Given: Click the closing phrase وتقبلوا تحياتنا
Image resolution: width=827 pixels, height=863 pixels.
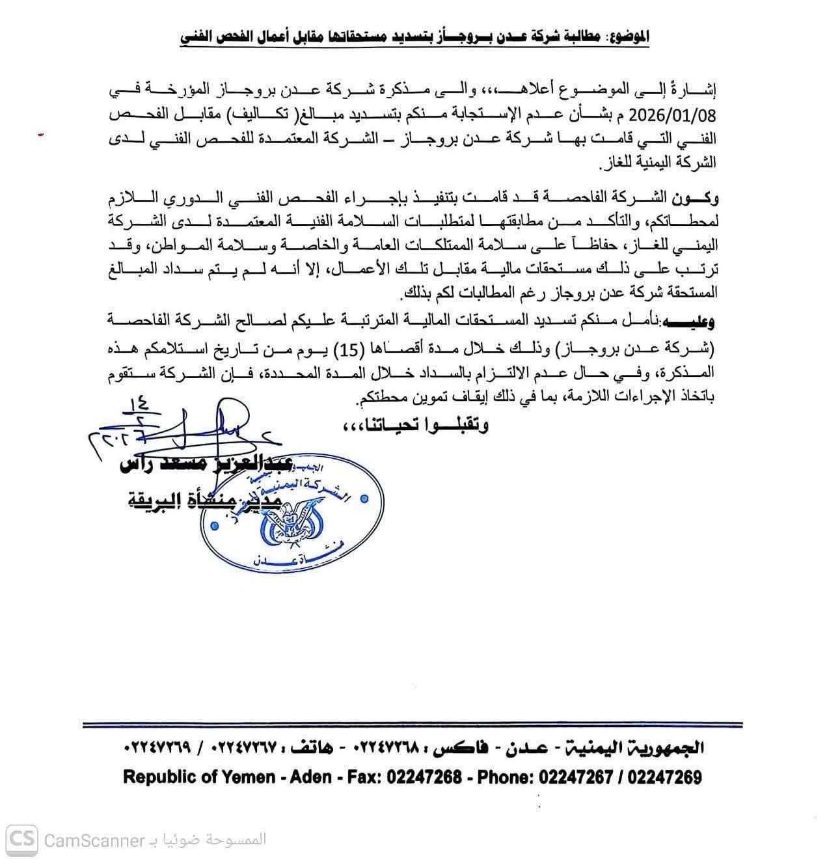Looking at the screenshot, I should click(415, 426).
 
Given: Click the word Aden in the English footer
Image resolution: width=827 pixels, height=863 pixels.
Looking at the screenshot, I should click(310, 776).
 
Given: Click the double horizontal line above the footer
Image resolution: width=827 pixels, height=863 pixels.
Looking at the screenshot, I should click(413, 724).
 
